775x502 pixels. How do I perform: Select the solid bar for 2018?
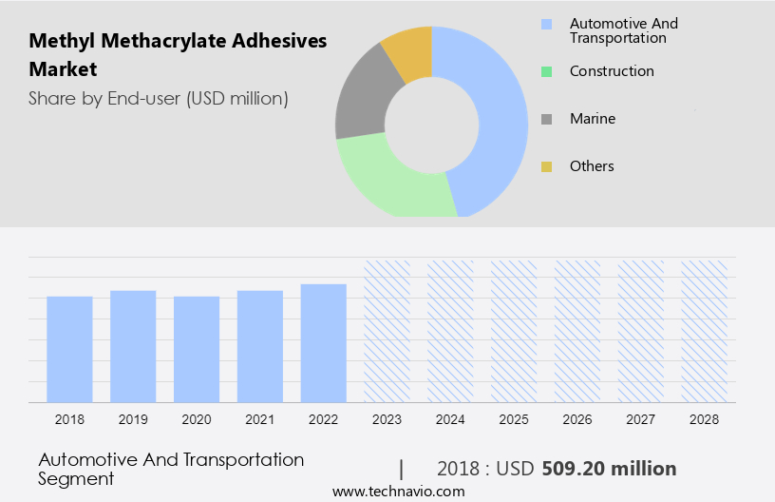coord(69,349)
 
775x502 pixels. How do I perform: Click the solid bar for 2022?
coord(324,343)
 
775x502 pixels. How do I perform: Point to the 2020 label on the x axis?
coord(197,419)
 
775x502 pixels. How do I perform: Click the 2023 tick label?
coord(387,419)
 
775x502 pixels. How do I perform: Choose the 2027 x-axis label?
coord(641,419)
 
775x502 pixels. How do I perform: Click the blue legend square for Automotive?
coord(546,24)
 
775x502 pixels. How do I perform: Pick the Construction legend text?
coord(612,71)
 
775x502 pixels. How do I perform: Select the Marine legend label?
coord(593,119)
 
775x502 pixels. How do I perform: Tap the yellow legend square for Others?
coord(546,166)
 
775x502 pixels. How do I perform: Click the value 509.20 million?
coord(609,469)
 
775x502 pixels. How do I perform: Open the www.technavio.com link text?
coord(399,492)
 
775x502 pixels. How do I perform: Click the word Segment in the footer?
coord(76,478)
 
